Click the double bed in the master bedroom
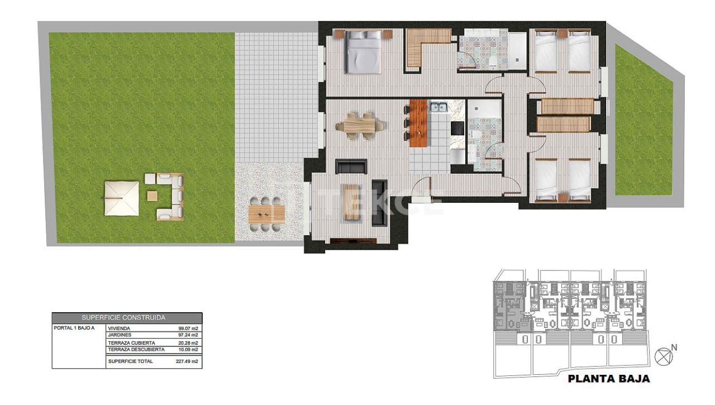363,51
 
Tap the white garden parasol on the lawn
121,198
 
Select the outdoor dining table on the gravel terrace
266,212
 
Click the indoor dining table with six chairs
360,126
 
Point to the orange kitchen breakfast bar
418,123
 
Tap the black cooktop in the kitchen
457,128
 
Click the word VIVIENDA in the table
120,328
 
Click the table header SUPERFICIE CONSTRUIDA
127,317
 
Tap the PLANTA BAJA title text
608,379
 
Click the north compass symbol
664,355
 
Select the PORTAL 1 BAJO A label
74,328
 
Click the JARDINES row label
120,335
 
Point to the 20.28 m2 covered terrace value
188,342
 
